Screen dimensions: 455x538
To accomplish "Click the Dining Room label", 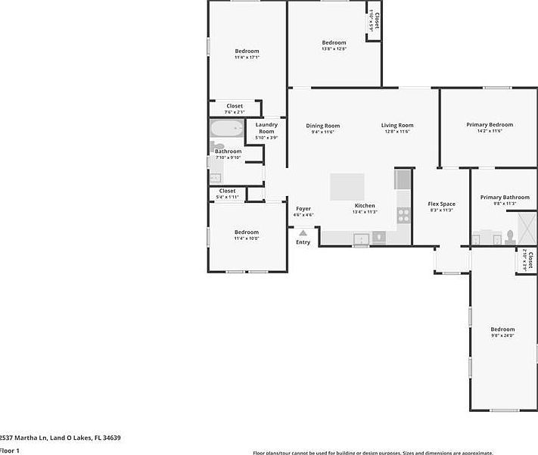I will click(x=322, y=126).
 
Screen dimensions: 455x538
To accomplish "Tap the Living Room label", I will click(x=397, y=126).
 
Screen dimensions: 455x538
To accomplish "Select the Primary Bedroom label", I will click(x=490, y=125).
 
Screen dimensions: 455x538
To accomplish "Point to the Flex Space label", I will click(x=441, y=204).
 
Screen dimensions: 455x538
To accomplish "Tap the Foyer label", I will click(x=303, y=208).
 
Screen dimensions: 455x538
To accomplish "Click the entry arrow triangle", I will click(x=303, y=233).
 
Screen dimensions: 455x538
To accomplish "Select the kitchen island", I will click(x=347, y=186).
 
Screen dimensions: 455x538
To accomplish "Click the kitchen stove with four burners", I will click(x=403, y=213).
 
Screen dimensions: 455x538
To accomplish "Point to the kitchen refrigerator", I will click(x=403, y=179).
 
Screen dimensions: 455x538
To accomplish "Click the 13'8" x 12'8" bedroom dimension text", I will click(x=334, y=49).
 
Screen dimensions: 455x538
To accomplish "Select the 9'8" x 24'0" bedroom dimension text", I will click(x=502, y=335).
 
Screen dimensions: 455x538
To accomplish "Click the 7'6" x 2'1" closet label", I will click(x=235, y=112).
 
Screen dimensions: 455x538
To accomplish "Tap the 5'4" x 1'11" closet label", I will click(x=227, y=197).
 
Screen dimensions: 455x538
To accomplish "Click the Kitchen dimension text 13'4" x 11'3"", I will click(x=365, y=212).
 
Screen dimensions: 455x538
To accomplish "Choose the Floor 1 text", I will click(x=10, y=450).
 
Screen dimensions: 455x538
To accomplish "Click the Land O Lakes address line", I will click(x=60, y=438).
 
